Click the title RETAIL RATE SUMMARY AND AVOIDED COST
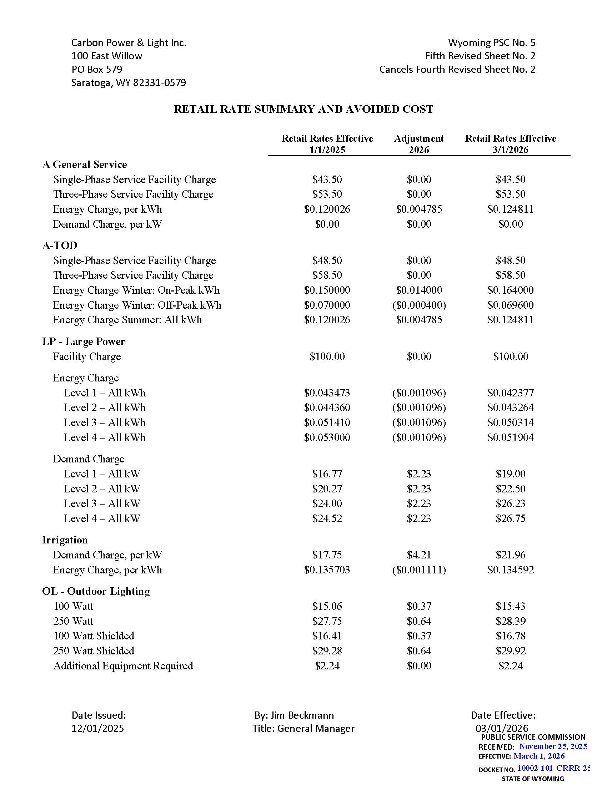click(303, 109)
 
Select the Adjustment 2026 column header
click(418, 144)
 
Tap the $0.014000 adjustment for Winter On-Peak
click(418, 290)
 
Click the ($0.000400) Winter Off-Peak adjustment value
click(418, 305)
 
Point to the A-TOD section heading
click(60, 245)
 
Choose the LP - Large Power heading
click(84, 341)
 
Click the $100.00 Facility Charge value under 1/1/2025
click(327, 356)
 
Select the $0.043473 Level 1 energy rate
click(327, 393)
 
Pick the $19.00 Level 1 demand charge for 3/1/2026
click(510, 474)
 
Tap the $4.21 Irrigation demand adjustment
click(418, 555)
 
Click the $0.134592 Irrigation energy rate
click(510, 570)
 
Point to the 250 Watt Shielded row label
click(94, 651)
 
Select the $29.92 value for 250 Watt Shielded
click(510, 651)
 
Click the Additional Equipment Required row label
click(123, 666)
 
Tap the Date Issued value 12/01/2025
click(97, 729)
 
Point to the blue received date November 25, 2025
click(553, 746)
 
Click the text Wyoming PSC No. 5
click(491, 43)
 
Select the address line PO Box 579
click(97, 69)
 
